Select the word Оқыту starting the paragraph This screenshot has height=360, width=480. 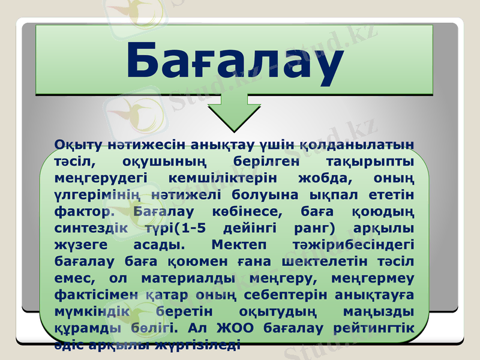pos(73,145)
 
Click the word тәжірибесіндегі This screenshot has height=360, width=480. pos(365,245)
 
